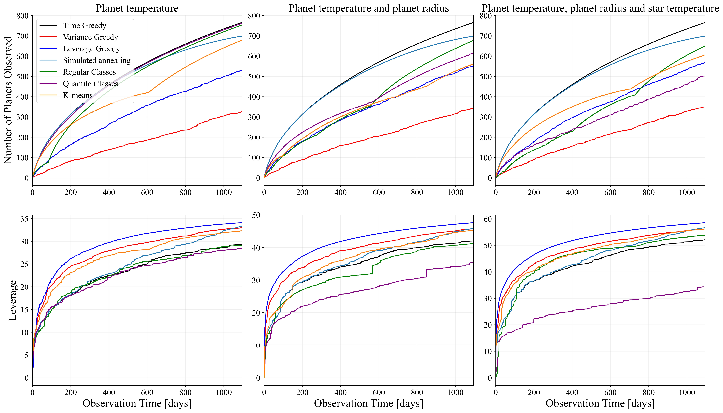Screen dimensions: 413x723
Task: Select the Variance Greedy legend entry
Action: tap(90, 37)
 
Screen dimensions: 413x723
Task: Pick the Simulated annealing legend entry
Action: tap(97, 60)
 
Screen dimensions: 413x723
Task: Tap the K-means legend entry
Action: tap(78, 95)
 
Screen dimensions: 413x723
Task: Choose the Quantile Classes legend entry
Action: tap(90, 84)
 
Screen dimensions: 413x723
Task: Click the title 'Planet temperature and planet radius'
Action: tap(368, 8)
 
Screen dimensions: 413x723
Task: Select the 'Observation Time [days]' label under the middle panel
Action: tap(368, 403)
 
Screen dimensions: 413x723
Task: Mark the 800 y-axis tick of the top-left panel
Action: tap(23, 16)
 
